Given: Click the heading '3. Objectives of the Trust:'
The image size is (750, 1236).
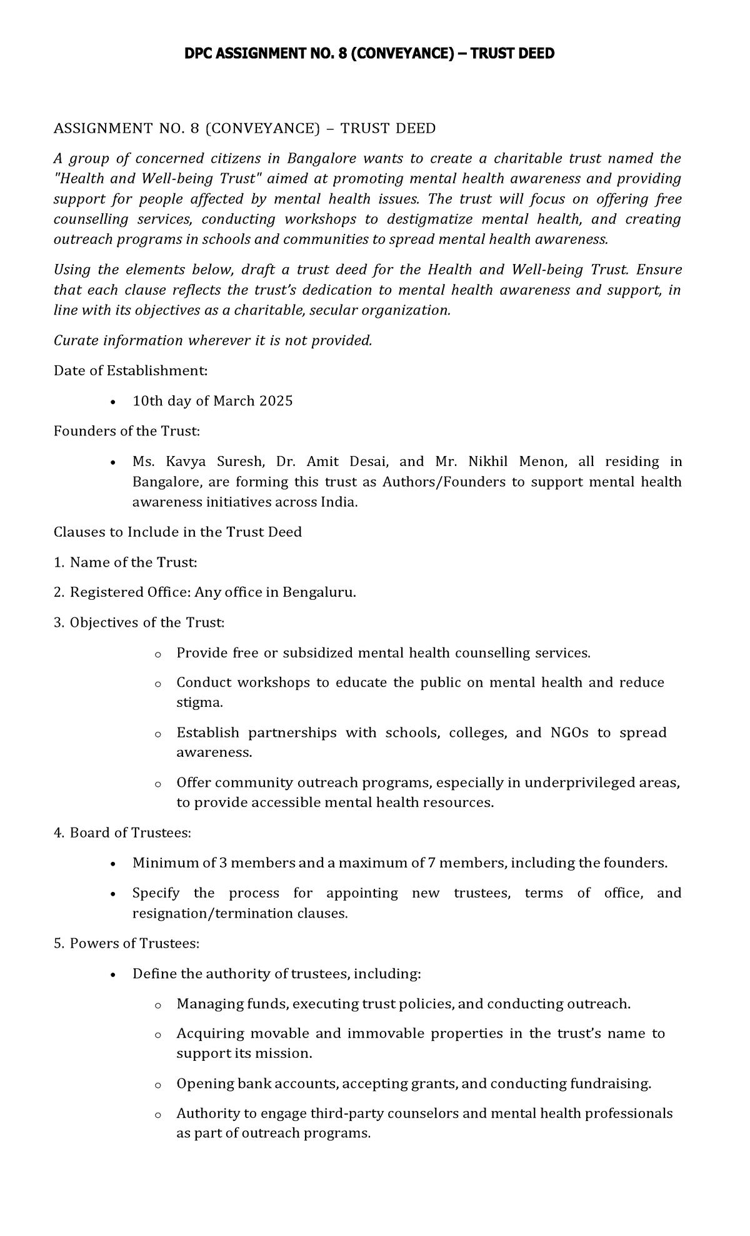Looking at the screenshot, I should point(139,622).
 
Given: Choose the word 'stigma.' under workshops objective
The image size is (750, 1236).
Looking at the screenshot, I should point(199,702).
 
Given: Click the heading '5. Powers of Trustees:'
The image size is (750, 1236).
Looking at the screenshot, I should point(126,943).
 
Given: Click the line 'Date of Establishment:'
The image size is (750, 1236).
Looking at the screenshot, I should point(130,370).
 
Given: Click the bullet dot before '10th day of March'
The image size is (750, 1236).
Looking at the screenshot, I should point(112,402).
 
